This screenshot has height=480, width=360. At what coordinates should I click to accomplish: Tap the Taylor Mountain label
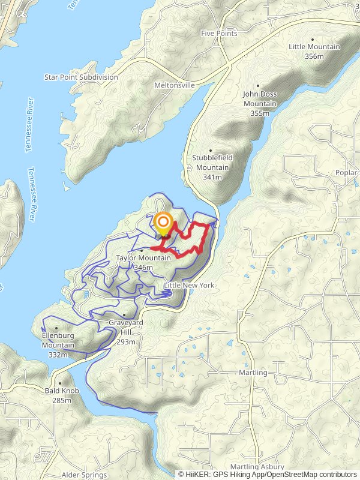pos(143,258)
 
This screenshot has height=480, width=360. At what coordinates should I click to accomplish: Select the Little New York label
pos(189,285)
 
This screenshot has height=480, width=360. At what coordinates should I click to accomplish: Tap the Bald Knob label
pos(62,391)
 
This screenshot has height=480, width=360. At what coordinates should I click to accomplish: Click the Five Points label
pos(219,34)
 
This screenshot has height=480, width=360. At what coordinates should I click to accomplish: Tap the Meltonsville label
pos(174,85)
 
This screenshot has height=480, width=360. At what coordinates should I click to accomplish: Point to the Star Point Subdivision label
pos(81,77)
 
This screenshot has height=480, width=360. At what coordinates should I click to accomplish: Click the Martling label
pos(252,373)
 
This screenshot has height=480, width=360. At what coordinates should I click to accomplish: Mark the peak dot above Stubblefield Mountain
pos(211,150)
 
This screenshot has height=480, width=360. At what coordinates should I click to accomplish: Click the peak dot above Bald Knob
pos(60,382)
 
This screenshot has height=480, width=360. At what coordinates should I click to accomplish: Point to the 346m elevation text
pos(143,268)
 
